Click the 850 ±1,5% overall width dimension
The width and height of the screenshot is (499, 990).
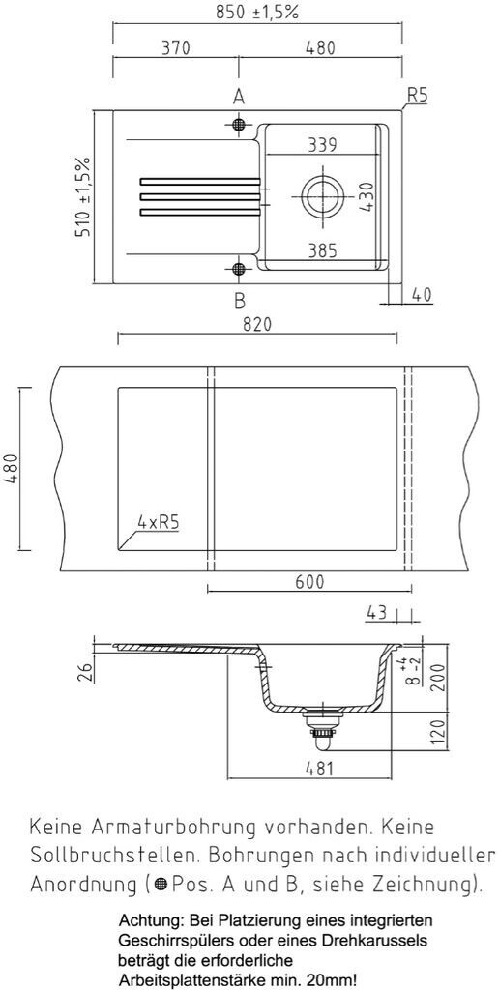[257, 13]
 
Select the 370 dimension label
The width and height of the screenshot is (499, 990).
[176, 48]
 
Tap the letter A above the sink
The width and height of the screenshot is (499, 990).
[239, 97]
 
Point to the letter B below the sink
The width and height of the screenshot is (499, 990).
[240, 301]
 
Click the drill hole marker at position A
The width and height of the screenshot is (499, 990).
[239, 124]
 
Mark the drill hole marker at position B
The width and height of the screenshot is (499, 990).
[239, 269]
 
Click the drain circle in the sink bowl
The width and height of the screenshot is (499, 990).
[323, 195]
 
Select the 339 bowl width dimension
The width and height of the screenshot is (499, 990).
[322, 145]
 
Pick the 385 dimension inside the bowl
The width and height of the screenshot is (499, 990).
[322, 251]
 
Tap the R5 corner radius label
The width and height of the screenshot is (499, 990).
[417, 96]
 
